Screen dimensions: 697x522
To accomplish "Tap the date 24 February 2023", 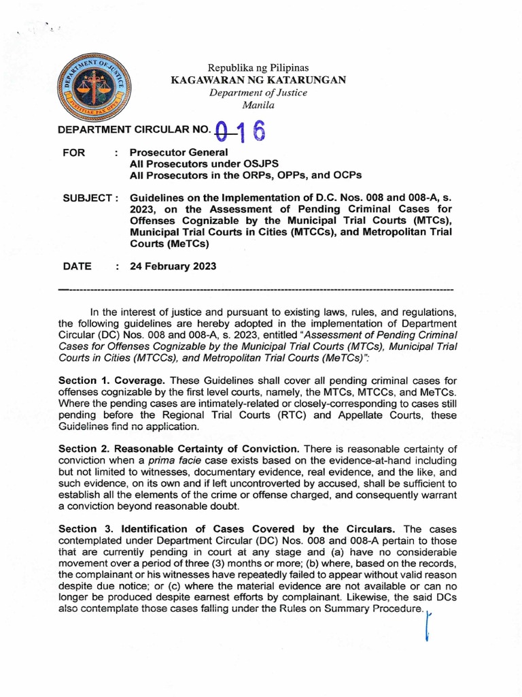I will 173,267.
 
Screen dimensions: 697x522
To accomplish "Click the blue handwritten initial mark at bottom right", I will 428,627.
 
